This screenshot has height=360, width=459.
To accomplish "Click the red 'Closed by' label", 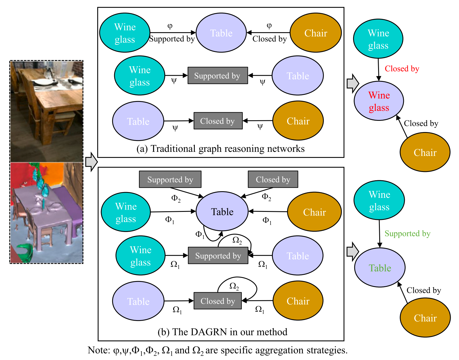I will pyautogui.click(x=402, y=69).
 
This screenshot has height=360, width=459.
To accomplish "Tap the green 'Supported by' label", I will pyautogui.click(x=407, y=233).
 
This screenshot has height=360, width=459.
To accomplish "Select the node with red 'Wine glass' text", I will pyautogui.click(x=379, y=101).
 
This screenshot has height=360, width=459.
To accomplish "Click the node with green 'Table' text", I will pyautogui.click(x=380, y=268).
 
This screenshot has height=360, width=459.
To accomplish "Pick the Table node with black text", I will pyautogui.click(x=222, y=212).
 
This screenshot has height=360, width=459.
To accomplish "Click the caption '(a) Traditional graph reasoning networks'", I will pyautogui.click(x=220, y=149).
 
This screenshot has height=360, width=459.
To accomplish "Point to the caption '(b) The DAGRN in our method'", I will pyautogui.click(x=222, y=332).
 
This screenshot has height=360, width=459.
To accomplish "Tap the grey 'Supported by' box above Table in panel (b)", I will pyautogui.click(x=170, y=179).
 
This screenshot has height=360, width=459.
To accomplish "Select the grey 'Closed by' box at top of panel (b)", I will pyautogui.click(x=273, y=179).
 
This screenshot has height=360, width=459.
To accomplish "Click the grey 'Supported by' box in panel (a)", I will pyautogui.click(x=217, y=76).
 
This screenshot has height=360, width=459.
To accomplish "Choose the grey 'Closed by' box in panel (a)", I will pyautogui.click(x=218, y=121).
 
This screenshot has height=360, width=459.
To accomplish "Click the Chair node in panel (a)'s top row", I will pyautogui.click(x=316, y=33).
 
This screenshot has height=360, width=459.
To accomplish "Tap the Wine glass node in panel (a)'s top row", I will pyautogui.click(x=125, y=33).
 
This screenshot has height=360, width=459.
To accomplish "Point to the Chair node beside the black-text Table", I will pyautogui.click(x=314, y=212).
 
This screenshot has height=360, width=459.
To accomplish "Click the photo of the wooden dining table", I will pyautogui.click(x=46, y=111).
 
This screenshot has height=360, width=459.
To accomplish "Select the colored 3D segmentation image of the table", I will pyautogui.click(x=46, y=213).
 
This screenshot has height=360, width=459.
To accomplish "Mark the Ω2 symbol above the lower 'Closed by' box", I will pyautogui.click(x=234, y=286).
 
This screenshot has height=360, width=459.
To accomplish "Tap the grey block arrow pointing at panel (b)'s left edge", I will pyautogui.click(x=92, y=162).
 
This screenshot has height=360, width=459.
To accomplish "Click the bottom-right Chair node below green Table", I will pyautogui.click(x=425, y=318).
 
